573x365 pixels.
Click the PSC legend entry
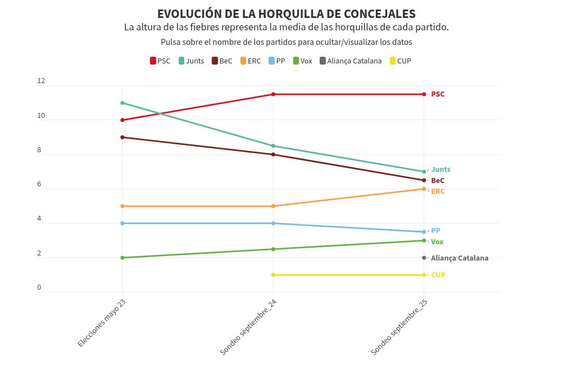click(x=160, y=61)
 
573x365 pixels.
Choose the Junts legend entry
click(x=191, y=61)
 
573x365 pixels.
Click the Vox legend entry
click(x=302, y=61)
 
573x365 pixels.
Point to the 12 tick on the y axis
click(x=40, y=81)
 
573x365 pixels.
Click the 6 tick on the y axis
click(x=39, y=184)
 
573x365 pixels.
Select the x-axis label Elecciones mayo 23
click(x=102, y=324)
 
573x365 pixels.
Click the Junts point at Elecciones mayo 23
click(x=122, y=103)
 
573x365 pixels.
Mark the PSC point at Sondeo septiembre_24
click(x=273, y=94)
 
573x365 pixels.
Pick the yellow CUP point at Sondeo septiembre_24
click(x=273, y=275)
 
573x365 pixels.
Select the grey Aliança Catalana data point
click(x=424, y=258)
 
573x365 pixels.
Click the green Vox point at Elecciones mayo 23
click(x=122, y=258)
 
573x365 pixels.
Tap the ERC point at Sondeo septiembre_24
click(x=273, y=206)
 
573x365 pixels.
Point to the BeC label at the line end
click(x=438, y=181)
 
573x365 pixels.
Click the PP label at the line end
click(x=435, y=231)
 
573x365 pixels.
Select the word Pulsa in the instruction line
click(x=171, y=42)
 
